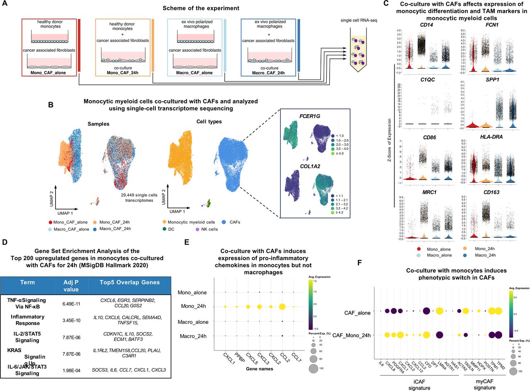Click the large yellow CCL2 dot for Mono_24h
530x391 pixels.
click(x=282, y=307)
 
